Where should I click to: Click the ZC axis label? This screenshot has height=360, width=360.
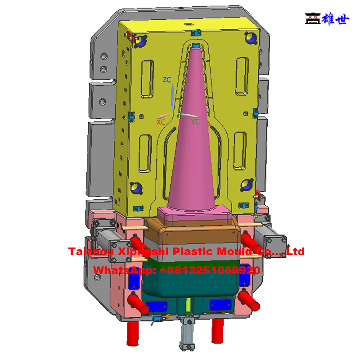point(167,80)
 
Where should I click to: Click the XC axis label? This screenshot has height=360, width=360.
point(161,122)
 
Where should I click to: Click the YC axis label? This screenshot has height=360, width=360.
point(195,122)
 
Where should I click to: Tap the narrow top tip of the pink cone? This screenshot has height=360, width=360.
point(195,49)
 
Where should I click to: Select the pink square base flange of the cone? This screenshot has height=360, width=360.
point(195,212)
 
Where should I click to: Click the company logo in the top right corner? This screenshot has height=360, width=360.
point(327,18)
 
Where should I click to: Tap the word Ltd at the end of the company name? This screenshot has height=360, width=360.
point(295,251)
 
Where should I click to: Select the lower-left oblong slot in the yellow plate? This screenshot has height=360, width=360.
point(145,153)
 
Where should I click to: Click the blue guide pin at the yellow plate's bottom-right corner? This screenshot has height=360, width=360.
point(246,185)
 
